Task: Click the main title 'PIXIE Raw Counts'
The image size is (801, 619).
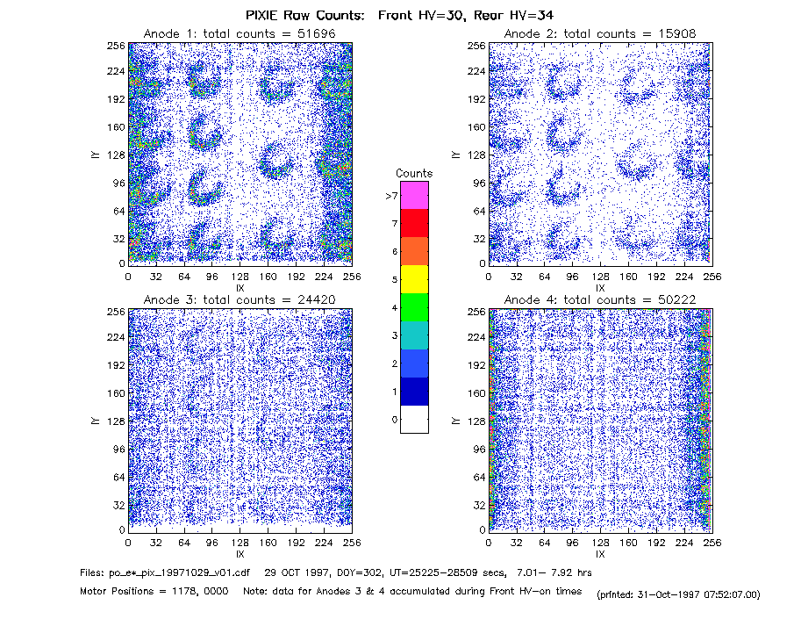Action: (x=305, y=15)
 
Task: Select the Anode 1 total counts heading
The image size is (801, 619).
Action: (x=240, y=33)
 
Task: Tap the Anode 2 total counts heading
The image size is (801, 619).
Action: (x=600, y=33)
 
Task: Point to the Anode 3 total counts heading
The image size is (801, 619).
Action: (x=240, y=299)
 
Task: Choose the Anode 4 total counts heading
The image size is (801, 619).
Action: (x=600, y=299)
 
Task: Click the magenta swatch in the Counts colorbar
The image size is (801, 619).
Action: (x=414, y=195)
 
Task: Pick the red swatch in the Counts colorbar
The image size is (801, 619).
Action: (x=414, y=223)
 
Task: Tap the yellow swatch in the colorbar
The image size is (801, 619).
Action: (x=414, y=279)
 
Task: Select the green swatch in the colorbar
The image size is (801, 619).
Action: (x=414, y=307)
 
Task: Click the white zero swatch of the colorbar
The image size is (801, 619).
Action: (x=414, y=419)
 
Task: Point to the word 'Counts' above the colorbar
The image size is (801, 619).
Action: (x=414, y=173)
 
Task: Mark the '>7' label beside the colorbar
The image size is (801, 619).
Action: (x=392, y=196)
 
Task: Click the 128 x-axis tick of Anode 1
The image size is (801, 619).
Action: (x=240, y=277)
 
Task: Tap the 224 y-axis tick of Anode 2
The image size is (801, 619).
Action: (x=476, y=71)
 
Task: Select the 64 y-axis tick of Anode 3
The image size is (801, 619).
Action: (x=119, y=477)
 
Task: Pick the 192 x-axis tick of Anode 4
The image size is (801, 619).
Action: (x=656, y=543)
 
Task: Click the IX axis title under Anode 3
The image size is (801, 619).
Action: (x=240, y=553)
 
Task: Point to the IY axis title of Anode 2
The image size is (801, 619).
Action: (x=455, y=155)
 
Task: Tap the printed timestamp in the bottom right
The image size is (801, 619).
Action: (x=678, y=594)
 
